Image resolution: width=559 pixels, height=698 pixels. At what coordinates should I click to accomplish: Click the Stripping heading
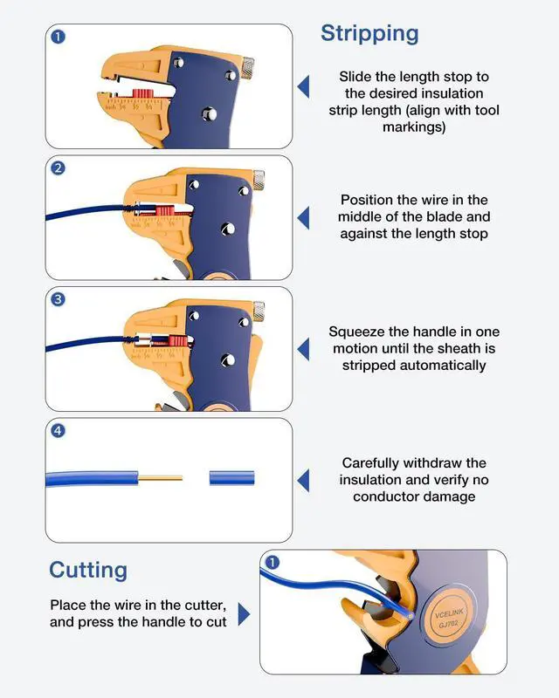(369, 34)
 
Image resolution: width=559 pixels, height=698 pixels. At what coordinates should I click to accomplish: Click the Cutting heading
(88, 570)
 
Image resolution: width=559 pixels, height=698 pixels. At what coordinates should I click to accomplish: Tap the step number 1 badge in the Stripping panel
(58, 37)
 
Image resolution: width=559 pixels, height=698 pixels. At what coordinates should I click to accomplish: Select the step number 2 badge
(58, 168)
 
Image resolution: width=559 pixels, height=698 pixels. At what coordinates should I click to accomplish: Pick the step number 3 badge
(58, 299)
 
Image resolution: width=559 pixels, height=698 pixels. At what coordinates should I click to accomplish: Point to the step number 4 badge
(58, 430)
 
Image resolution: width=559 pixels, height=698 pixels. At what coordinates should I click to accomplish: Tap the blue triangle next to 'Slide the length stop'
(303, 86)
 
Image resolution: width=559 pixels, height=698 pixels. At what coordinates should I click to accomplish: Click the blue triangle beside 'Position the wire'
(303, 217)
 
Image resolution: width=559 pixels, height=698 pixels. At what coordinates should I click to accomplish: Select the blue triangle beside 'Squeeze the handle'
(303, 349)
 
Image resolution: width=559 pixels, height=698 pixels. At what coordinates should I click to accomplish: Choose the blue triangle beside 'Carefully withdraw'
(303, 480)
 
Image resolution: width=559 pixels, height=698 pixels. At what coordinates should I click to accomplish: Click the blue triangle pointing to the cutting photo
(244, 614)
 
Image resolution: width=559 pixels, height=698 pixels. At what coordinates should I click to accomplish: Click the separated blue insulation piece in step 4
(231, 478)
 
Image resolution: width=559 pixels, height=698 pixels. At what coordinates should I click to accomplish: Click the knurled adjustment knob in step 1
(248, 64)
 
